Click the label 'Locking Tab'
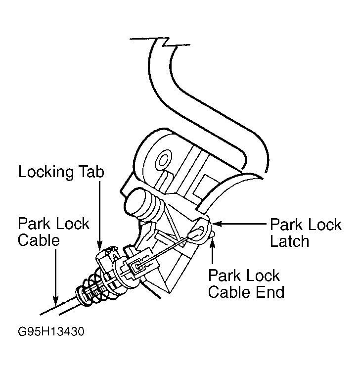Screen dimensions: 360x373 click(61, 172)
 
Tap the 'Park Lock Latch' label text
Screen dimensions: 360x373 click(306, 233)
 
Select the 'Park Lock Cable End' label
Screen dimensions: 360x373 click(246, 283)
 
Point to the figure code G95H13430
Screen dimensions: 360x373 click(51, 331)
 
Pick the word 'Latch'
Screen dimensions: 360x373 click(290, 241)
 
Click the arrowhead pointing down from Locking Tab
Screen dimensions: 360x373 click(99, 245)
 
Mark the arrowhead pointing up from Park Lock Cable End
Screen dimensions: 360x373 click(212, 242)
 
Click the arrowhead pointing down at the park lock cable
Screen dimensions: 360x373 click(55, 301)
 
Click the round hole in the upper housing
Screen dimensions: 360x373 click(163, 160)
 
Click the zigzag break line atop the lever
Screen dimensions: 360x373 click(160, 42)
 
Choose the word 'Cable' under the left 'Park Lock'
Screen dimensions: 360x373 click(39, 240)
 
